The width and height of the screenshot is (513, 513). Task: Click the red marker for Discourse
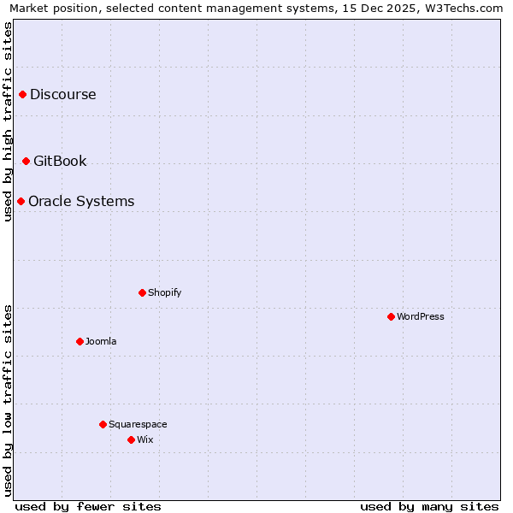pyautogui.click(x=22, y=94)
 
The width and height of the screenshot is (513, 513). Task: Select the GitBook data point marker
pyautogui.click(x=26, y=161)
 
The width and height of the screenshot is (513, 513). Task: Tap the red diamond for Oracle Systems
pyautogui.click(x=21, y=201)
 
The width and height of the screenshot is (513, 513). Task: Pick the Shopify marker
pyautogui.click(x=142, y=292)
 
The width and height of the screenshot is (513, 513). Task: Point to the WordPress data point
pyautogui.click(x=391, y=316)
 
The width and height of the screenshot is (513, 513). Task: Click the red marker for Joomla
pyautogui.click(x=80, y=341)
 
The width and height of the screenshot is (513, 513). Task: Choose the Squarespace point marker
pyautogui.click(x=103, y=424)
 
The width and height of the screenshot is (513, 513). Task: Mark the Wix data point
pyautogui.click(x=131, y=439)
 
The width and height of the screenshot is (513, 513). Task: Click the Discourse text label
pyautogui.click(x=62, y=94)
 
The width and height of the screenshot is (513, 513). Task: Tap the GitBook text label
pyautogui.click(x=60, y=161)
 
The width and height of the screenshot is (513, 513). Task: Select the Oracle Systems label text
pyautogui.click(x=81, y=201)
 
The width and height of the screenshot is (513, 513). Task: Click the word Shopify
pyautogui.click(x=164, y=292)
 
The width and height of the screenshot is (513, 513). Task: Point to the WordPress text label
pyautogui.click(x=420, y=316)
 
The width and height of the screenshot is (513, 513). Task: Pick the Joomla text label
pyautogui.click(x=101, y=341)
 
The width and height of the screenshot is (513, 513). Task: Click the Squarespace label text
pyautogui.click(x=138, y=424)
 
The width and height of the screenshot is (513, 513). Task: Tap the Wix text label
pyautogui.click(x=144, y=439)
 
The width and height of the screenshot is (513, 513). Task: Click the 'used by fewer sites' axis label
pyautogui.click(x=88, y=506)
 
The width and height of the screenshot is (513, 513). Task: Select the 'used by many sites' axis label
pyautogui.click(x=429, y=506)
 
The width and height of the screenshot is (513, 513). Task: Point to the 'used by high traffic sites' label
pyautogui.click(x=8, y=121)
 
